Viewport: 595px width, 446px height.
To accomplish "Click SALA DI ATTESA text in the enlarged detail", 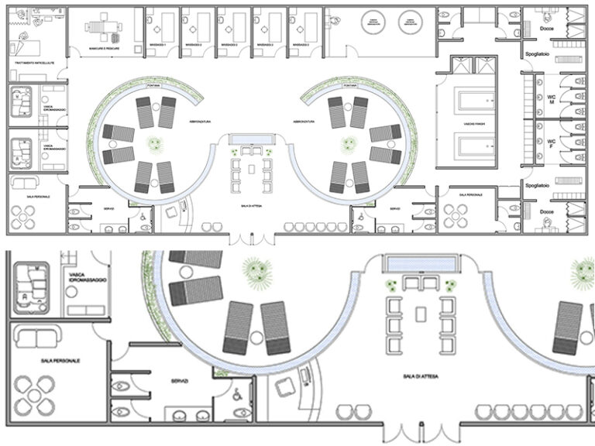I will (419, 375).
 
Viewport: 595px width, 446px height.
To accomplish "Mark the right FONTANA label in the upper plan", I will (350, 86).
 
